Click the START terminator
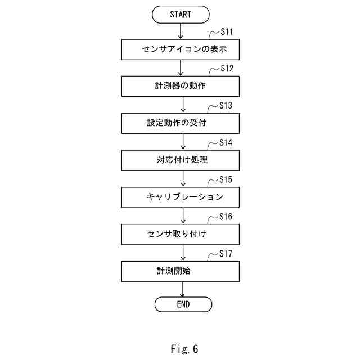(181, 15)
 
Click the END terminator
(183, 304)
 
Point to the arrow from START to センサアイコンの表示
(181, 31)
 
